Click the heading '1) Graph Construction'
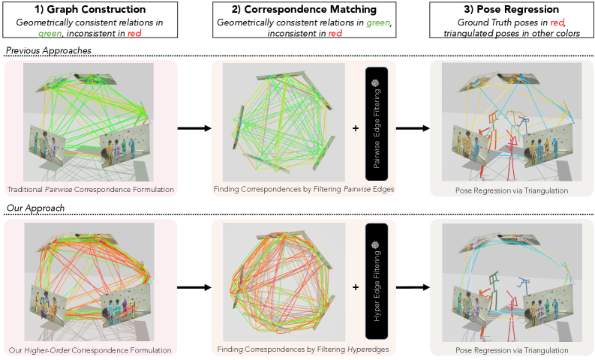point(90,9)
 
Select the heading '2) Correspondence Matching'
point(305,9)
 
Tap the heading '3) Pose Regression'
point(512,9)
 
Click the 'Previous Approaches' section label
point(49,50)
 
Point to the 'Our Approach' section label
point(36,208)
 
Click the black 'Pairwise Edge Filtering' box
point(377,124)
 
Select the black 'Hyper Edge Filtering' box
point(377,281)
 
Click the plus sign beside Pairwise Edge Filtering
point(356,128)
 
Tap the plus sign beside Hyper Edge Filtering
point(356,287)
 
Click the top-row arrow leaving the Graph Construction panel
point(194,128)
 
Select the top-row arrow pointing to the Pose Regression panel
point(413,128)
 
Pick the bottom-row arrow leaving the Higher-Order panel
point(194,287)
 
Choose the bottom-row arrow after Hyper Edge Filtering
point(413,287)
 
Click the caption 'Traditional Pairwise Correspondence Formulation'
point(90,189)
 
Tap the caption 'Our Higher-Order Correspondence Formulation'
point(90,350)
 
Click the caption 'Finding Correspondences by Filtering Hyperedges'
point(303,349)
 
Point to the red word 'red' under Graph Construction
point(134,34)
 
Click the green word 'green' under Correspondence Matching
point(378,22)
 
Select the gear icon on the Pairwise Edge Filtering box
point(375,82)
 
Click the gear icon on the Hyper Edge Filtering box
point(375,244)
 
